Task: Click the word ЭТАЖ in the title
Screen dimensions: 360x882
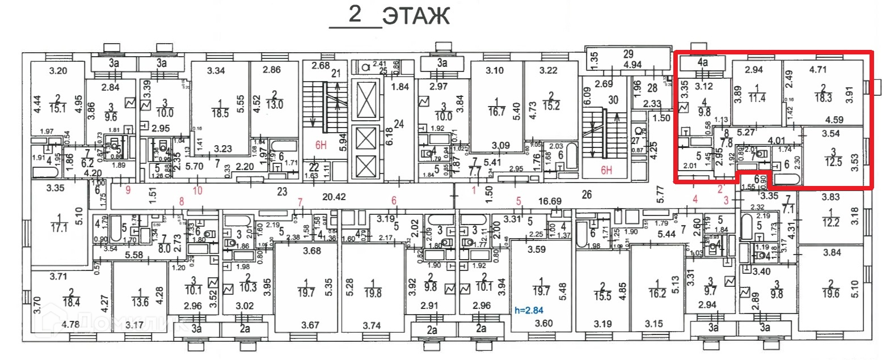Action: tap(416, 16)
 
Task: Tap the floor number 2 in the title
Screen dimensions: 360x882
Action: tap(356, 15)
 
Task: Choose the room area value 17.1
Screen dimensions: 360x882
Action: tap(58, 227)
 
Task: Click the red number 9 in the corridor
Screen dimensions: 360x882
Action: tap(128, 190)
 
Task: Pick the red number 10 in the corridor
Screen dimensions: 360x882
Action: tap(197, 190)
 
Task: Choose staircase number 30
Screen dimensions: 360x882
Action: tap(614, 100)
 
